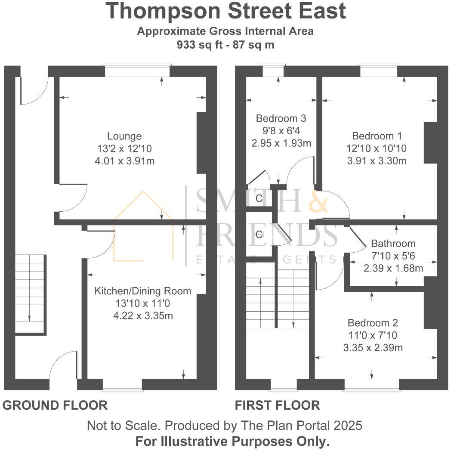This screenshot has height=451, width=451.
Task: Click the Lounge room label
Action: point(124,136)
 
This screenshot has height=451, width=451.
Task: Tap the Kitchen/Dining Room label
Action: point(142,291)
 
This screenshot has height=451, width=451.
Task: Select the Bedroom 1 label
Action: point(377,136)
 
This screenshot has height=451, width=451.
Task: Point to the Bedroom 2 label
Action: point(373,323)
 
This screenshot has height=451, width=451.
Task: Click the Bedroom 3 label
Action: point(281,118)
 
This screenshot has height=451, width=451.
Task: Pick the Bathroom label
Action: point(393,244)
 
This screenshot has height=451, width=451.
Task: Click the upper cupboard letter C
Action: point(259,198)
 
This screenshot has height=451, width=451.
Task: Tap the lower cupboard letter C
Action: point(259,235)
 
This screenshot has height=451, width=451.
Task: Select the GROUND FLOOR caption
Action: point(55,405)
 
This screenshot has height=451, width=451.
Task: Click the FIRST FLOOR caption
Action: point(277,405)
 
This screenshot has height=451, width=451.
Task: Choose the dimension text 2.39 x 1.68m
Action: point(393,268)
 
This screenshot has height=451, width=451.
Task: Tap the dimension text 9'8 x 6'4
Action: point(281,130)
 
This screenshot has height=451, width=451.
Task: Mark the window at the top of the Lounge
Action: point(137,71)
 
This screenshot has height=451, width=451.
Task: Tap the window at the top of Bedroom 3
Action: point(273,71)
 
